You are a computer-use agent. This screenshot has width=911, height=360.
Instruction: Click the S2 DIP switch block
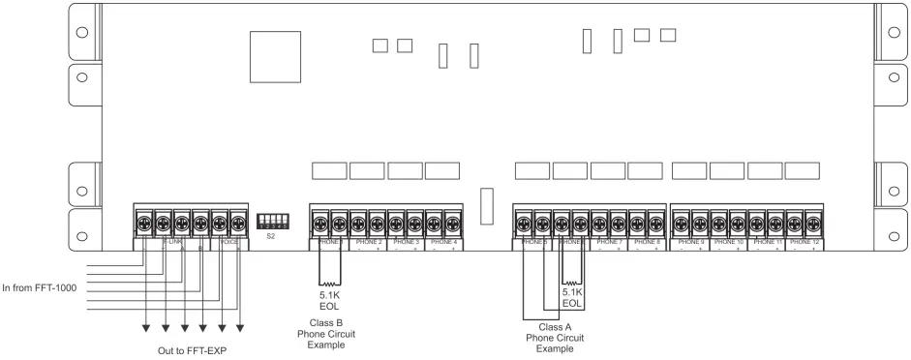coord(272,221)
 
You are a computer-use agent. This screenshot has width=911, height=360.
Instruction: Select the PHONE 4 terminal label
coord(442,242)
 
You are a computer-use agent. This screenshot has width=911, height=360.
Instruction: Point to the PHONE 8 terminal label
coord(646,242)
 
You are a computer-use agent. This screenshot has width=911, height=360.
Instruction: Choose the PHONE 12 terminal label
coord(805,242)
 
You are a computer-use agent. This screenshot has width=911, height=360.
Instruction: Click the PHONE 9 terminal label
coord(690,242)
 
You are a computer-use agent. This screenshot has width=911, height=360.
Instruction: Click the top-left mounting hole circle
coord(82,30)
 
